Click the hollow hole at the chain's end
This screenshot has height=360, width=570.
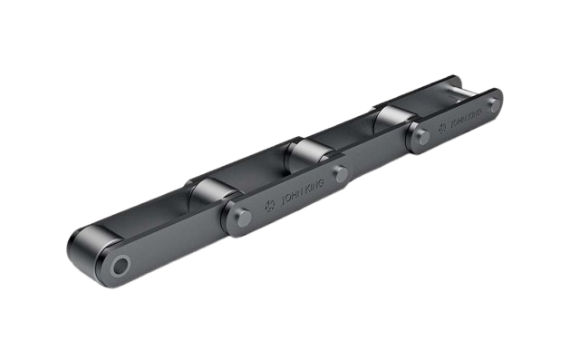click(121, 266)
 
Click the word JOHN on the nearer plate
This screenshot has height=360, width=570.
click(293, 197)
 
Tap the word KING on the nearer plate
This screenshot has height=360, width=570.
click(314, 186)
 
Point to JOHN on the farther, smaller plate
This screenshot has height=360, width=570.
click(459, 122)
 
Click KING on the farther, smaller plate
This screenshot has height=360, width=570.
click(475, 113)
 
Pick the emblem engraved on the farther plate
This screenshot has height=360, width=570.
click(442, 129)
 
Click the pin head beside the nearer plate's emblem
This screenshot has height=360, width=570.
click(245, 219)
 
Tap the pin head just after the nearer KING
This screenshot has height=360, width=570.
click(342, 174)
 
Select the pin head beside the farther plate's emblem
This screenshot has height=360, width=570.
click(423, 137)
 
